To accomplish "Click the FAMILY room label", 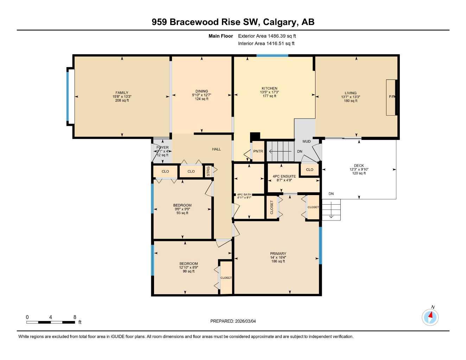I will pyautogui.click(x=122, y=93).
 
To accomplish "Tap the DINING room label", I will pyautogui.click(x=202, y=91).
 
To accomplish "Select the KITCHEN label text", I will pyautogui.click(x=269, y=89).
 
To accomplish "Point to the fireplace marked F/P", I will pyautogui.click(x=391, y=97).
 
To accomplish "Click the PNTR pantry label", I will pyautogui.click(x=258, y=152).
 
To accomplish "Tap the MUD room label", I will pyautogui.click(x=307, y=142).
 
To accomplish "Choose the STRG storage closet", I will pyautogui.click(x=208, y=171).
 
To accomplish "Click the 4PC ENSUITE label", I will pyautogui.click(x=284, y=176).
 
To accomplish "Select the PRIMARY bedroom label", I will pyautogui.click(x=278, y=253).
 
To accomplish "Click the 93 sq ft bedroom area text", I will pyautogui.click(x=182, y=213).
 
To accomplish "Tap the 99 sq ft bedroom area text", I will pyautogui.click(x=189, y=271).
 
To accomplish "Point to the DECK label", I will pyautogui.click(x=359, y=166).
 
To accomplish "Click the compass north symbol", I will pyautogui.click(x=430, y=317).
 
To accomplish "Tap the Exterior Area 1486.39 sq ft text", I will pyautogui.click(x=267, y=36).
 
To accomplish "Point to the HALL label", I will pyautogui.click(x=216, y=149).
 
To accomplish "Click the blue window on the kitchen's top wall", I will pyautogui.click(x=272, y=56).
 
